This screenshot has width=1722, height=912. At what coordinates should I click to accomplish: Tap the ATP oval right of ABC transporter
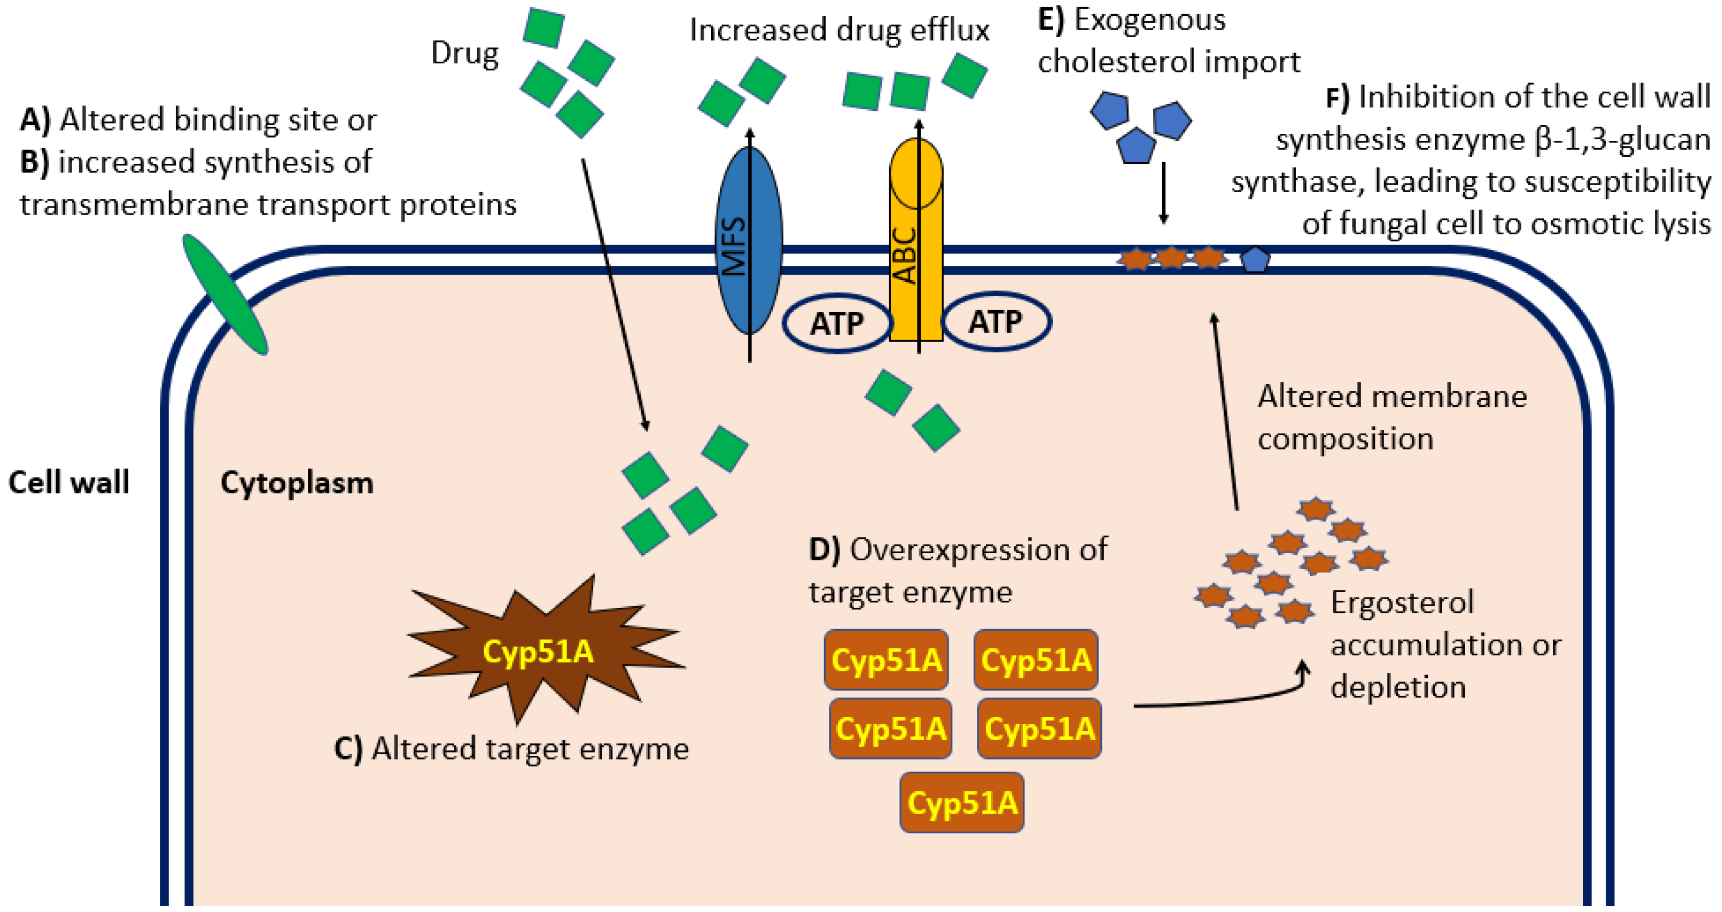pyautogui.click(x=996, y=322)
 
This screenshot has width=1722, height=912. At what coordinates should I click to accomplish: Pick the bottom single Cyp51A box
pyautogui.click(x=961, y=802)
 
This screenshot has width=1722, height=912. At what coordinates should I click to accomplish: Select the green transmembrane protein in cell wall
pyautogui.click(x=225, y=294)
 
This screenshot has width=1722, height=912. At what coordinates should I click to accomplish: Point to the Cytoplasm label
pyautogui.click(x=297, y=483)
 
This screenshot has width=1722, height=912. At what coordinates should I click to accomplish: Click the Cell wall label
pyautogui.click(x=68, y=482)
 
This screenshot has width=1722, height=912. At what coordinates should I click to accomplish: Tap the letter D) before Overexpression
pyautogui.click(x=824, y=549)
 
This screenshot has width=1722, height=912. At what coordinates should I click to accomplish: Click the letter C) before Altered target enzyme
pyautogui.click(x=348, y=748)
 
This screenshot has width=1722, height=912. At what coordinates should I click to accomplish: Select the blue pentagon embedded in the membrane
pyautogui.click(x=1255, y=260)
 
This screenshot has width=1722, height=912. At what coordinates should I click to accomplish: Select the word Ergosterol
pyautogui.click(x=1402, y=602)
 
